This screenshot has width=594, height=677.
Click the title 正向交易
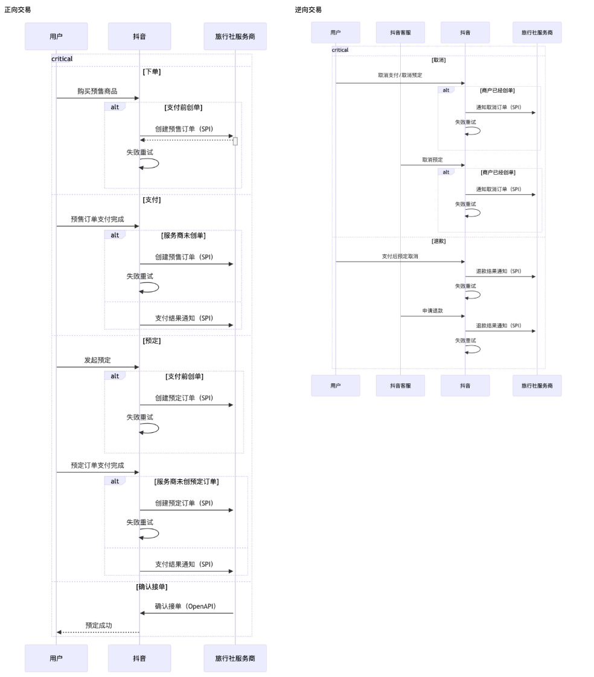pos(18,10)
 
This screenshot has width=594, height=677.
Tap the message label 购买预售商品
pos(97,91)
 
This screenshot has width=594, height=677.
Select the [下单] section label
pos(152,72)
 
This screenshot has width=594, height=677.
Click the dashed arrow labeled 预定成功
pos(98,632)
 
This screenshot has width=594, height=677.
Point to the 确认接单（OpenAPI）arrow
pos(187,613)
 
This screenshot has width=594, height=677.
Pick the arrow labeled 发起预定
pos(98,367)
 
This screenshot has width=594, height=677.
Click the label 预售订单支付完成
pos(97,219)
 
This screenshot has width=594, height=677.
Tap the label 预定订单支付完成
pos(97,465)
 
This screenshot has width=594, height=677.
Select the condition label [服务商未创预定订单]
pos(187,481)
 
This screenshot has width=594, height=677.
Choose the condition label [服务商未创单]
pos(184,235)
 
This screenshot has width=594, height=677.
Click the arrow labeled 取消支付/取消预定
pos(400,83)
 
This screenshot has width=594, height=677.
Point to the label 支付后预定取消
pos(400,256)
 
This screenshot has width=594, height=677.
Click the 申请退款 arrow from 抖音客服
pos(432,316)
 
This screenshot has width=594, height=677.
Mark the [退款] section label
pos(438,241)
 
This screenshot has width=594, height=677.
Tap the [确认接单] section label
pos(152,587)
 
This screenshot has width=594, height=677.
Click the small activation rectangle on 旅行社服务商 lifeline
pos(235,141)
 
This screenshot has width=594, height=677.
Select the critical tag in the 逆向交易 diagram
pos(340,50)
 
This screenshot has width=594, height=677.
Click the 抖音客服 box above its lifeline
pos(400,33)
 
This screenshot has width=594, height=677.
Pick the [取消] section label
pos(438,60)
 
